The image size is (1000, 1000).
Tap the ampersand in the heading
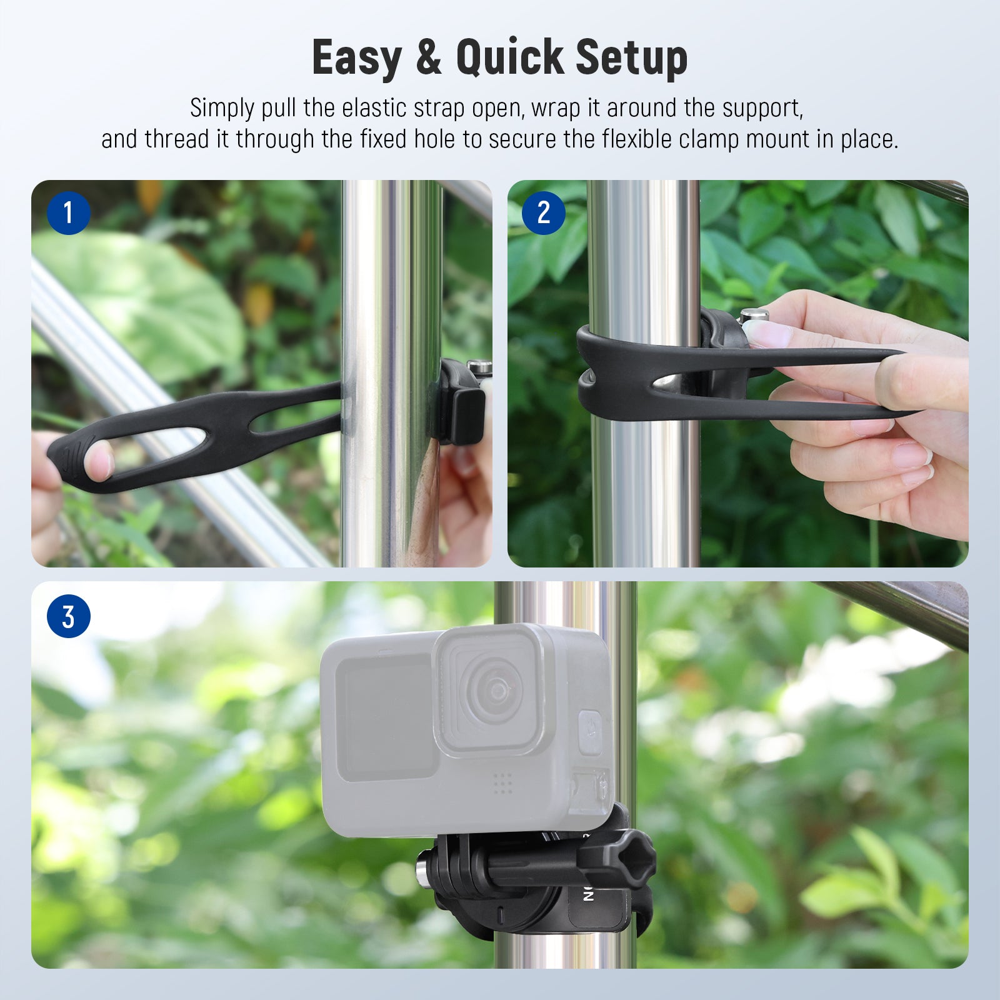tap(429, 57)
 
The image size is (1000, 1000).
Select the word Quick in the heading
tap(509, 57)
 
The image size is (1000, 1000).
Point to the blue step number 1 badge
tap(69, 213)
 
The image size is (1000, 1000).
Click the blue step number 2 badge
tap(544, 213)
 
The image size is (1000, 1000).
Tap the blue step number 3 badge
tap(69, 616)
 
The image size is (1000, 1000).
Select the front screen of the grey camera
tap(385, 717)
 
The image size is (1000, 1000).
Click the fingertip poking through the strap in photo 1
tap(99, 459)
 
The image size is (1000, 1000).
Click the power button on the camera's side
tap(589, 731)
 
